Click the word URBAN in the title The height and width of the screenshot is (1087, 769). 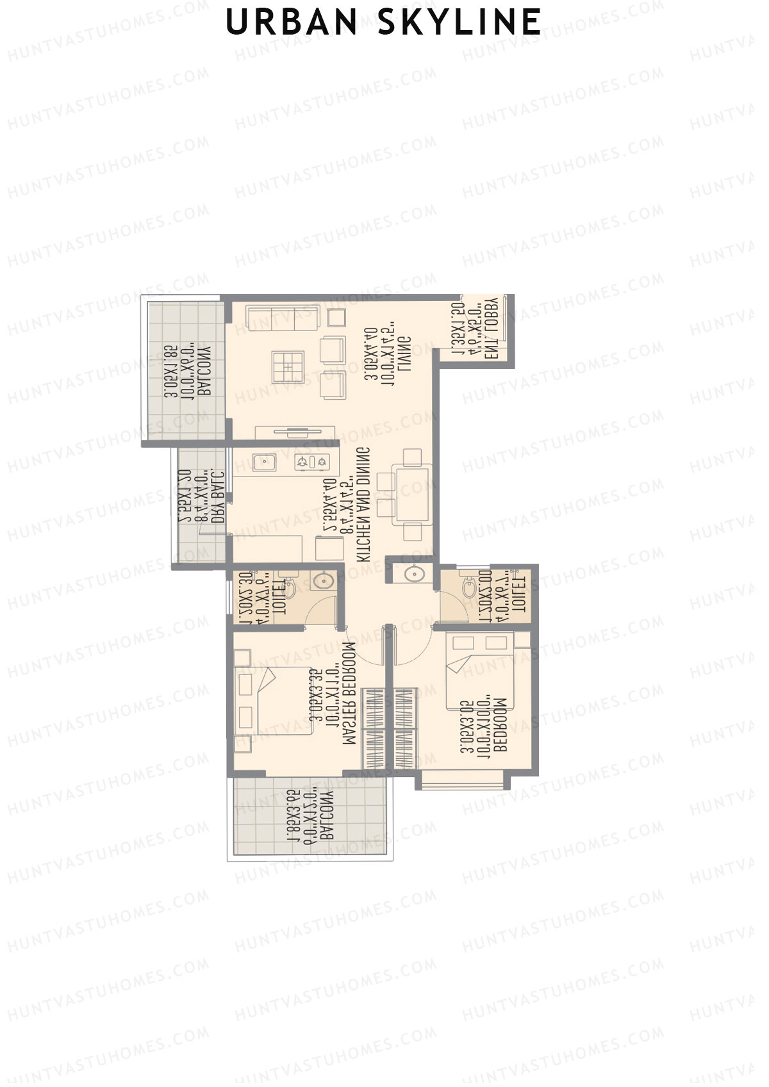click(x=292, y=22)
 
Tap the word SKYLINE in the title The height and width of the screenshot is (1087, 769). click(x=459, y=22)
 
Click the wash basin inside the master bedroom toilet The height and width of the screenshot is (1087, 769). click(x=322, y=581)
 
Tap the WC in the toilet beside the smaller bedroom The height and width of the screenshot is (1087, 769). click(x=470, y=584)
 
